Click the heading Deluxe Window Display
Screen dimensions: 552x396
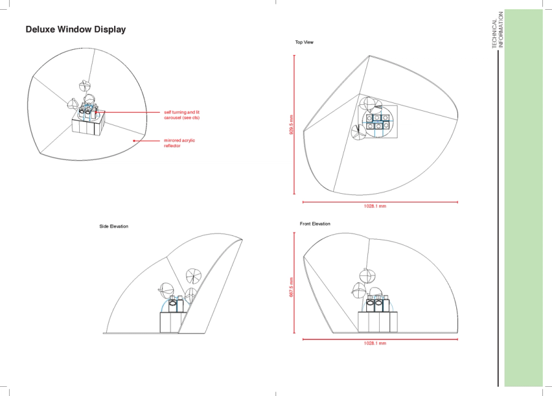click(x=75, y=29)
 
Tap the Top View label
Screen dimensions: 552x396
click(x=304, y=42)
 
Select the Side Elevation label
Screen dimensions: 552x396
click(x=113, y=226)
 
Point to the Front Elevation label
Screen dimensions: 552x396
click(x=315, y=224)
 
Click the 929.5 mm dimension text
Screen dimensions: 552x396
click(x=291, y=125)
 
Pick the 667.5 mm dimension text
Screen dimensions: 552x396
click(x=291, y=287)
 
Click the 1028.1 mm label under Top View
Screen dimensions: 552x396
click(x=375, y=206)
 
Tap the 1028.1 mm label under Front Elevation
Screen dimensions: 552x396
click(x=375, y=343)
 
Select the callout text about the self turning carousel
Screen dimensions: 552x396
click(x=182, y=115)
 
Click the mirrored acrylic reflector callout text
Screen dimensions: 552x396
click(x=179, y=143)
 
